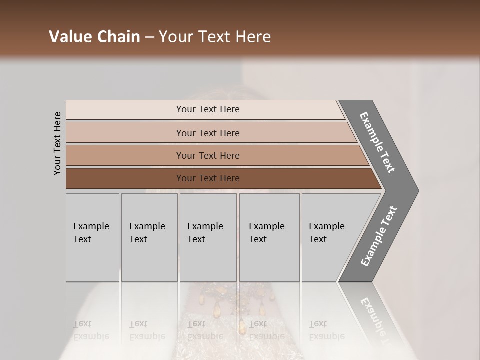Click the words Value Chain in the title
point(94,37)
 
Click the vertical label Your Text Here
point(57,143)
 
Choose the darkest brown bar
point(125,178)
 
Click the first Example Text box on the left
point(92,237)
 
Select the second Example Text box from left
point(149,237)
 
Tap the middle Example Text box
point(208,237)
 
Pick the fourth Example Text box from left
point(269,237)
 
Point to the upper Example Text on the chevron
point(377,142)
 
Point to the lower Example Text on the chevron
point(379,236)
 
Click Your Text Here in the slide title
point(215,37)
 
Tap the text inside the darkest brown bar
point(208,178)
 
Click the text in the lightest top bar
point(208,109)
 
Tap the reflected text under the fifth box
point(326,330)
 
